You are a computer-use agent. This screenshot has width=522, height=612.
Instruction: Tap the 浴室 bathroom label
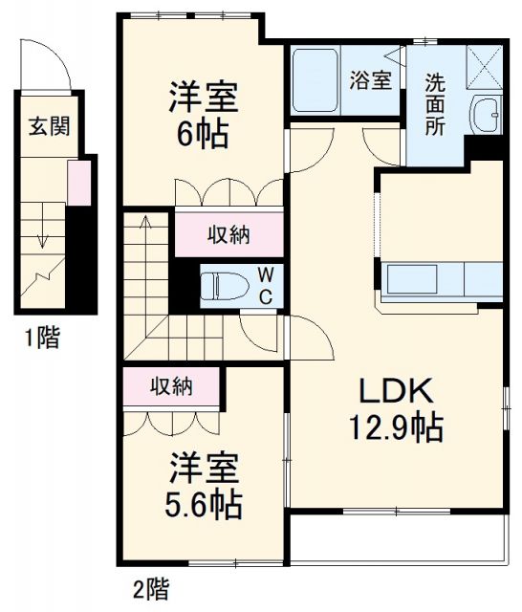point(370,80)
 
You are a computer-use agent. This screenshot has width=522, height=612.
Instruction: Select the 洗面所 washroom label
point(435,104)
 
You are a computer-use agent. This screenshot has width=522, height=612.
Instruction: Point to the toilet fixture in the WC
point(226,285)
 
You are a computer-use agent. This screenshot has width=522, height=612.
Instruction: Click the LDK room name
point(395,392)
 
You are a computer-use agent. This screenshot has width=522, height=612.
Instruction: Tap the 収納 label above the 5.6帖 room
point(172,386)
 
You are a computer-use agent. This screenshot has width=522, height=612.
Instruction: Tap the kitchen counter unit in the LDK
point(443,280)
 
